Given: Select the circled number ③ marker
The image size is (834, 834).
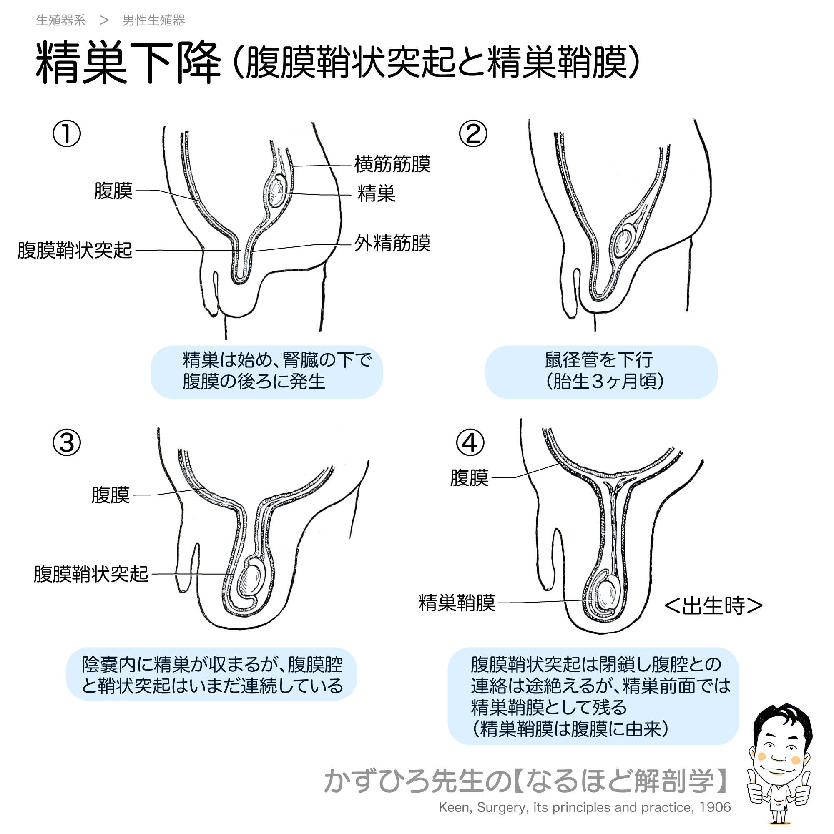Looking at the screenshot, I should click(x=66, y=443).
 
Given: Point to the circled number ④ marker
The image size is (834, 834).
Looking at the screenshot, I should click(x=470, y=443).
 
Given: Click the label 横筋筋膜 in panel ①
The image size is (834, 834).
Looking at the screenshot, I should click(x=392, y=164).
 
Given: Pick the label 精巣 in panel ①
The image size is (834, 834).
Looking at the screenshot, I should click(x=376, y=193).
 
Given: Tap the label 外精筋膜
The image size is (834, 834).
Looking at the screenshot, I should click(x=392, y=244).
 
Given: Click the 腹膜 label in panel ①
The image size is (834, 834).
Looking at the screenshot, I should click(x=113, y=191).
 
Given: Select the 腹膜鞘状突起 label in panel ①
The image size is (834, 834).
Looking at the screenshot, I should click(x=75, y=250).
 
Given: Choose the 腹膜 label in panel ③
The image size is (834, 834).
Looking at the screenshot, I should click(x=111, y=495).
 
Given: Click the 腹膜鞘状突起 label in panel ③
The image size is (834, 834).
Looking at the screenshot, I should click(x=91, y=575).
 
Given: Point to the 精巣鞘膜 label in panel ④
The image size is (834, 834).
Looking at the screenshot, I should click(x=457, y=603).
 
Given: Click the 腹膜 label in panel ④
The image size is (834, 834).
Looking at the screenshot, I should click(x=469, y=478).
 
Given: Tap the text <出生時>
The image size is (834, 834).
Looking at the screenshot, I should click(x=713, y=605).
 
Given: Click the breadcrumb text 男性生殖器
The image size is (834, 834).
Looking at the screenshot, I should click(x=154, y=20).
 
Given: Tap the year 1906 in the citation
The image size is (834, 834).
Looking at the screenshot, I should click(x=715, y=807).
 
